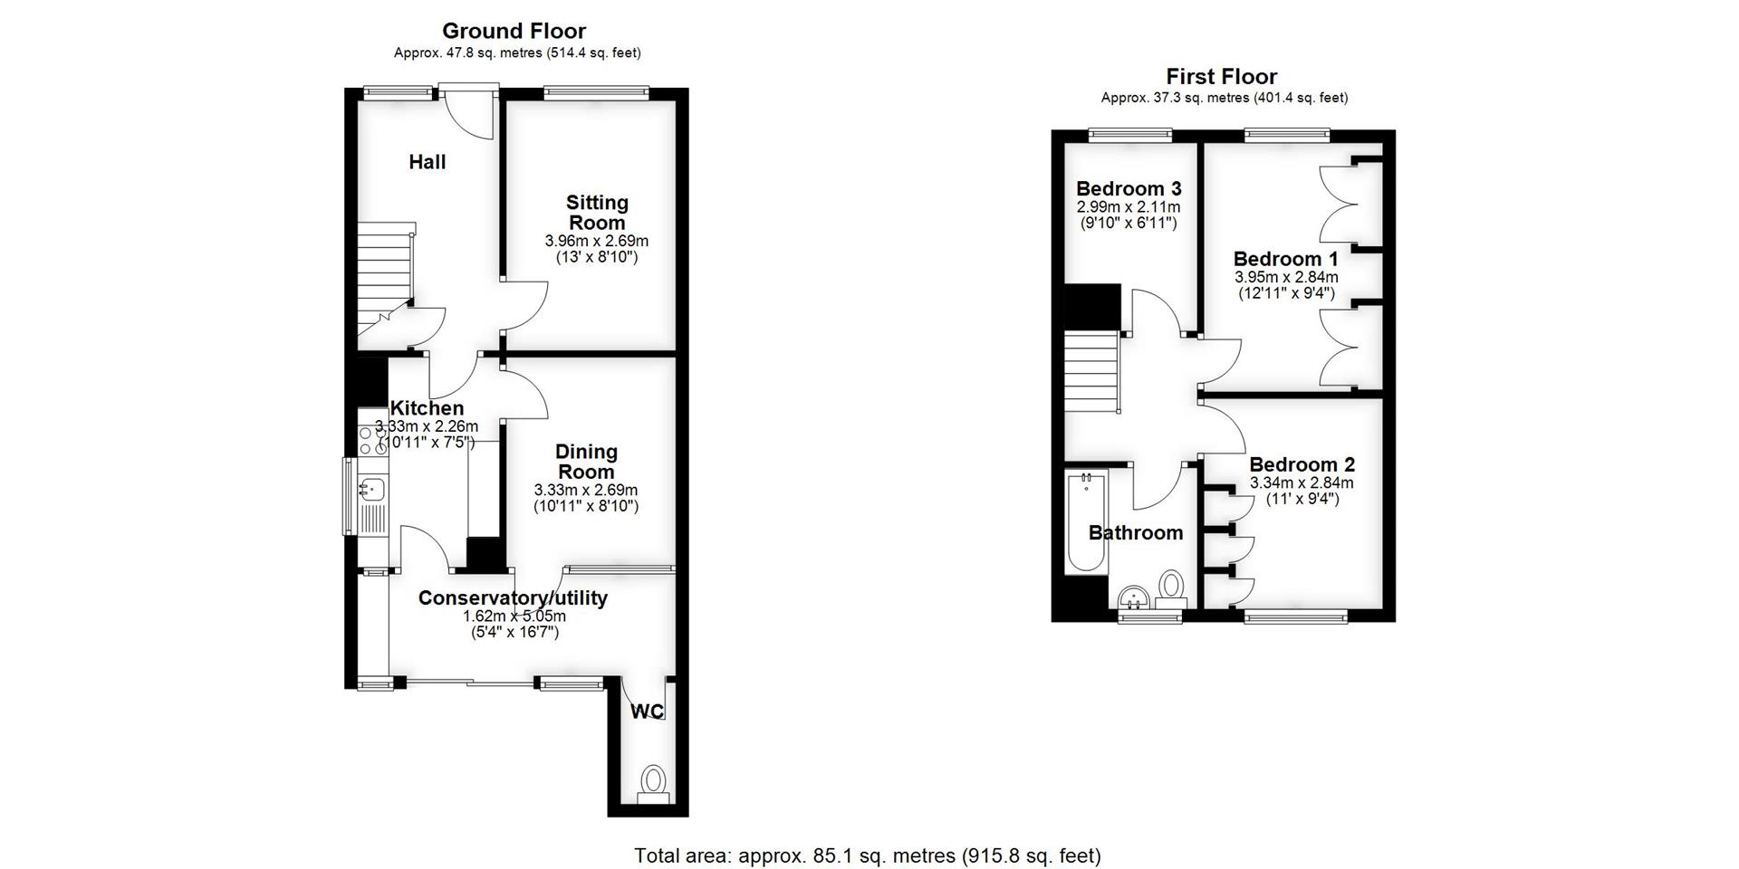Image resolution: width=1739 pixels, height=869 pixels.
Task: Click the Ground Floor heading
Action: coord(514,32)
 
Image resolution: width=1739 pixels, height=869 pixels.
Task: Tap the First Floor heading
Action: coord(1221,77)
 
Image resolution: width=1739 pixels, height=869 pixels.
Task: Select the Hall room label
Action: coord(427,162)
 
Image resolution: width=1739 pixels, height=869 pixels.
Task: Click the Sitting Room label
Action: coord(597,213)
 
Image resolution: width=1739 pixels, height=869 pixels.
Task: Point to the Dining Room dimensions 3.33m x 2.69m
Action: coord(586,490)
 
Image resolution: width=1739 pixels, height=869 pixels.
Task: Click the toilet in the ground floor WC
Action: coord(651,780)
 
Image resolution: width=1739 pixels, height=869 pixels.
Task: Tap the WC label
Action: coord(647,711)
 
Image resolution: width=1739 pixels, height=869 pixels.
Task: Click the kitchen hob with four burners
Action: coord(372,440)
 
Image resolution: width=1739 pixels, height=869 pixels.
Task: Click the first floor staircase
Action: coord(1090,371)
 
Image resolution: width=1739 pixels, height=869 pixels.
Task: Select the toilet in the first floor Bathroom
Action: coord(1171,588)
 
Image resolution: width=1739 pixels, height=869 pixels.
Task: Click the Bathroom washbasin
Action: coord(1133,599)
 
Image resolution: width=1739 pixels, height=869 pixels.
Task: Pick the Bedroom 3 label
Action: coord(1128,189)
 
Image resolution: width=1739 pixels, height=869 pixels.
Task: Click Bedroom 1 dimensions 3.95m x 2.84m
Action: coord(1286,277)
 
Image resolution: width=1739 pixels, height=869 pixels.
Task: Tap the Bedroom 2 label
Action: coord(1302,465)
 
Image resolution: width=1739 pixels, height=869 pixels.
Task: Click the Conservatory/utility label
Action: coord(513,598)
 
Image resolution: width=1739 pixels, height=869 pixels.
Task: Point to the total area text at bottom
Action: coord(867,855)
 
